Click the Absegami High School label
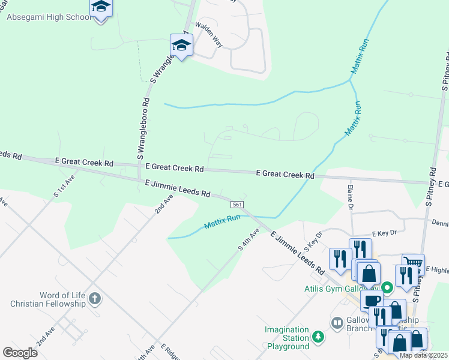[49, 17]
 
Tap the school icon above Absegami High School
[101, 7]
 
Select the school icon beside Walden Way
[181, 44]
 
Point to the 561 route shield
[237, 205]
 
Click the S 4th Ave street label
[249, 239]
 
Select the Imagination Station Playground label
[288, 338]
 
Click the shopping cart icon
[414, 263]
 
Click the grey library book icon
[338, 325]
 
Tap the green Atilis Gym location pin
[388, 287]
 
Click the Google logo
[20, 352]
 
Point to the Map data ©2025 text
[423, 355]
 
